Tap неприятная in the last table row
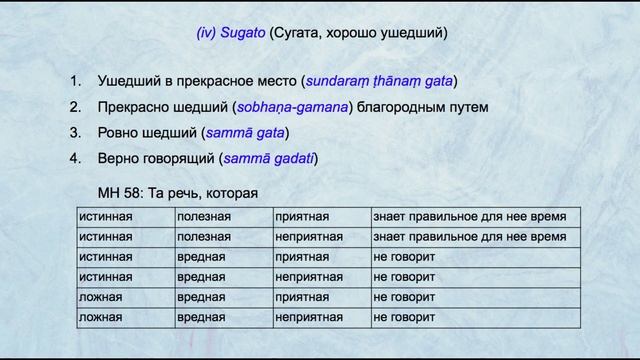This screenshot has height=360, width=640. click(x=309, y=317)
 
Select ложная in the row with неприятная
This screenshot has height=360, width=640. click(x=100, y=317)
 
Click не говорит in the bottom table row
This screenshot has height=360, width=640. click(x=404, y=317)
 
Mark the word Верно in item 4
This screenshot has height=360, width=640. click(x=119, y=158)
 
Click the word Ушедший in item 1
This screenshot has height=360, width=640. click(x=128, y=81)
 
